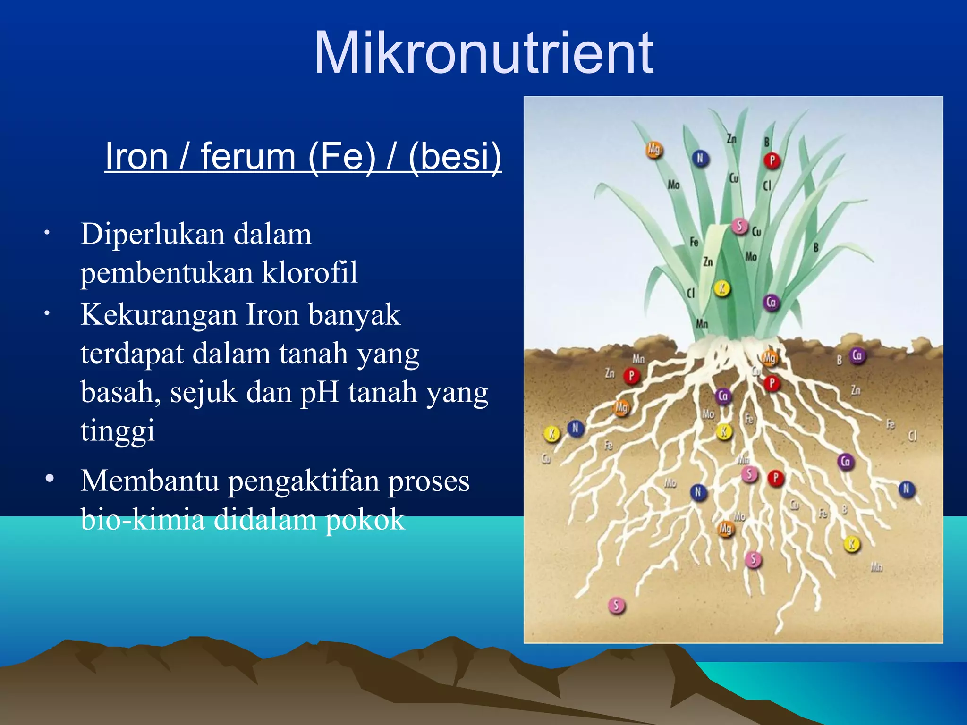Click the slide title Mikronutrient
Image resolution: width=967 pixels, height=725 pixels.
[x=483, y=53]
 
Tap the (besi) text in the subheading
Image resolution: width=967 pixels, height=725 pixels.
[x=455, y=156]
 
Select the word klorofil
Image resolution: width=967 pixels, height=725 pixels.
[x=309, y=273]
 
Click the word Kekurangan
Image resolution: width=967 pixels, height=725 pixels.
[x=158, y=315]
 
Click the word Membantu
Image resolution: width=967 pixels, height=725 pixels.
[x=150, y=481]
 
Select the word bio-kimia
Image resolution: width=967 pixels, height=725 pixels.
[x=143, y=519]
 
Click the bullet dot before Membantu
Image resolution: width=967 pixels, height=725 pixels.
[x=50, y=479]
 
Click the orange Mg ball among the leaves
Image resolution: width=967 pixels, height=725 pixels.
[x=654, y=150]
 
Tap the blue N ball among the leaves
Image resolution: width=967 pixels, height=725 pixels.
[x=700, y=159]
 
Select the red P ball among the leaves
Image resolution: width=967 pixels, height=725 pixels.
[x=772, y=161]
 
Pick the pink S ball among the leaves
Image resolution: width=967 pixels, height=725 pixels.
[x=739, y=227]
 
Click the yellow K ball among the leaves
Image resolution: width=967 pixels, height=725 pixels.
[x=721, y=288]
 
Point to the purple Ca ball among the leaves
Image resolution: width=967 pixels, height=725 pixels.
[x=771, y=302]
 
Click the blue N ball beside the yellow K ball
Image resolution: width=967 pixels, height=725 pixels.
[x=575, y=428]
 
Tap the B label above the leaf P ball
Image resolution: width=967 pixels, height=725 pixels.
[x=767, y=142]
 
